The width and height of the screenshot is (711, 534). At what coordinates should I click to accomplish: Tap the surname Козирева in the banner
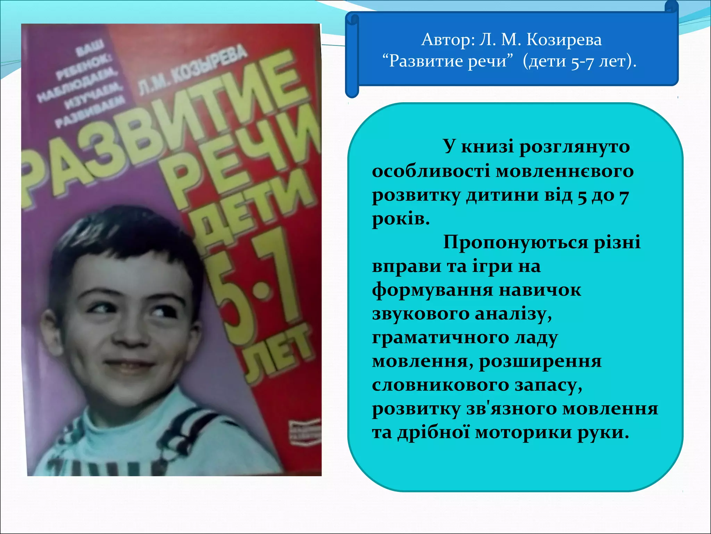point(564,40)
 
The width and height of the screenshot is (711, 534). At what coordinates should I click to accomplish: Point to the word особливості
point(430,171)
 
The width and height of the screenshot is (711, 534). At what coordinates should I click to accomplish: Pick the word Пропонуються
point(515,242)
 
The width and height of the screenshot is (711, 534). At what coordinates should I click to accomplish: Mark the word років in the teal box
point(401,219)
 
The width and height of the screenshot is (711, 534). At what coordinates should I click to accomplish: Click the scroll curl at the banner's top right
point(671,8)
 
